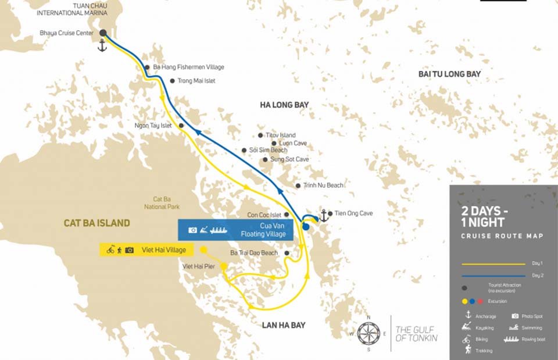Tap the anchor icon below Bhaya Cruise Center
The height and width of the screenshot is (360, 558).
pyautogui.click(x=102, y=46)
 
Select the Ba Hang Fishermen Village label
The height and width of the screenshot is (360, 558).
pyautogui.click(x=188, y=67)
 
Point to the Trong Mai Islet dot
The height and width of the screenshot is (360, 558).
pyautogui.click(x=172, y=81)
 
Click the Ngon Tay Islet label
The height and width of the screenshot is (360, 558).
pyautogui.click(x=154, y=125)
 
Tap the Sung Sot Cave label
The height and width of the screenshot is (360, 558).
pyautogui.click(x=289, y=159)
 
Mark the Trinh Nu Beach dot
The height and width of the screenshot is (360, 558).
pyautogui.click(x=298, y=186)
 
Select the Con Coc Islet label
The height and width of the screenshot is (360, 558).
pyautogui.click(x=264, y=215)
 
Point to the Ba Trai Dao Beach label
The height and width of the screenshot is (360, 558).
pyautogui.click(x=254, y=253)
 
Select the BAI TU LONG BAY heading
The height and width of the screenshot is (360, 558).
pyautogui.click(x=449, y=74)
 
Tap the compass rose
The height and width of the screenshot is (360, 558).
pyautogui.click(x=369, y=333)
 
